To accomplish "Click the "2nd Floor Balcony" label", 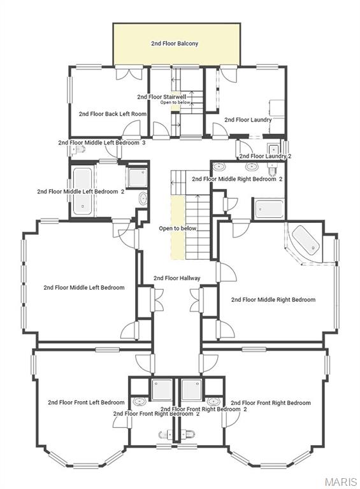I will [x=175, y=44].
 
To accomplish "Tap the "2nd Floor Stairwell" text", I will [x=162, y=97].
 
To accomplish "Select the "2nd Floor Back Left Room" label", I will [x=113, y=114].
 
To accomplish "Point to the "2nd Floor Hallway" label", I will [x=177, y=278].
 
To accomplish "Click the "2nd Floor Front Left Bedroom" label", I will [x=86, y=402].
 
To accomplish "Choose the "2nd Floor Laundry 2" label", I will [x=265, y=156].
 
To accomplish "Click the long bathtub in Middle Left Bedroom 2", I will [x=82, y=190].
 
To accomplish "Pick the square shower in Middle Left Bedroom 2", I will [x=137, y=177].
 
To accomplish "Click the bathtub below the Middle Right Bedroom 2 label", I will [x=268, y=209].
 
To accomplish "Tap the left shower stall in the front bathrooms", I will [x=162, y=389].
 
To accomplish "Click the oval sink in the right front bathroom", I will [x=213, y=402].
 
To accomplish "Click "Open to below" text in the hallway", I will [x=178, y=228].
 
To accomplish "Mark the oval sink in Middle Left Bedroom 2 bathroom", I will [x=142, y=199].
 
